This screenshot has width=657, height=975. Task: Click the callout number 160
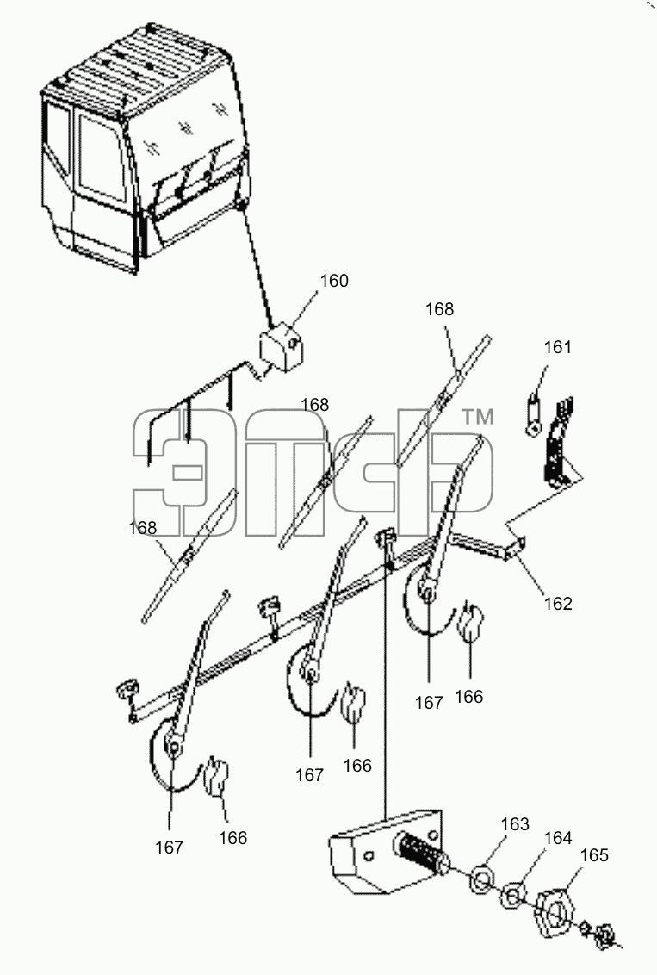point(334,281)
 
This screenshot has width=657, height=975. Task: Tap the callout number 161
point(558,347)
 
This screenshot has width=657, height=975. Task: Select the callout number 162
point(558,603)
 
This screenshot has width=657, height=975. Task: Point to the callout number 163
point(515,824)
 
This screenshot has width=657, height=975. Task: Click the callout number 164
point(558,838)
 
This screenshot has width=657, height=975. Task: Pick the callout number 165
point(593,855)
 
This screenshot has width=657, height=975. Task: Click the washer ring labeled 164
point(511,896)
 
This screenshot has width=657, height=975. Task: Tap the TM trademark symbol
point(477,417)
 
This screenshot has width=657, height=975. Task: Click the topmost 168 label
point(439,309)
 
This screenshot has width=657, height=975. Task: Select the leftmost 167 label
point(169,847)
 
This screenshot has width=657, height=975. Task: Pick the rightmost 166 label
point(468,697)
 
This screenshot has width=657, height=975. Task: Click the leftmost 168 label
point(142,528)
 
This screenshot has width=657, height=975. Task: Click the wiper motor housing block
point(387,853)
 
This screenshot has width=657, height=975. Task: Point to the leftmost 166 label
point(233,837)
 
